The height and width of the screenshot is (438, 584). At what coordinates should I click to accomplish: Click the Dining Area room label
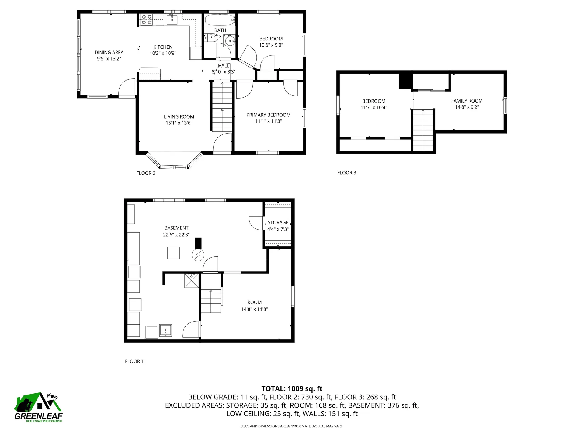tap(109, 52)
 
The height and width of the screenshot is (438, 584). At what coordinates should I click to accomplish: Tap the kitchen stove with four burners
tap(146, 20)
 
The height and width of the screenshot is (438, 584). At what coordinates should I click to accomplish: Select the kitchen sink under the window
tap(172, 20)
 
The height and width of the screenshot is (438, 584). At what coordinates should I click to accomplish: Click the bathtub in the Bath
tap(220, 20)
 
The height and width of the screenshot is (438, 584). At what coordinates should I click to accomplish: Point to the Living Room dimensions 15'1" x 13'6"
tap(179, 123)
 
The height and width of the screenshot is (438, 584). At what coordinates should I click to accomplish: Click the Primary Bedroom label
tap(268, 115)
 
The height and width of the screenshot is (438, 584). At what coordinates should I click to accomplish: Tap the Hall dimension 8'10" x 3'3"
tap(224, 72)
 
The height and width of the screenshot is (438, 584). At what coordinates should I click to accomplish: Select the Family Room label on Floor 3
tap(467, 101)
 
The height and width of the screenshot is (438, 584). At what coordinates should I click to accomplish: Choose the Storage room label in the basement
tap(278, 222)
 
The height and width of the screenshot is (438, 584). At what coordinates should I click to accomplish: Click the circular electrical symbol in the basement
tap(198, 255)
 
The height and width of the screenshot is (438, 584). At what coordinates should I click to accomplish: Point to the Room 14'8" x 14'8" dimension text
tap(254, 309)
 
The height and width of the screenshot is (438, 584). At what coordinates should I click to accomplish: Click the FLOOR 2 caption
tap(146, 173)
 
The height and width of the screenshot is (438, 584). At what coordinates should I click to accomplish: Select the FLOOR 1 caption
tap(134, 361)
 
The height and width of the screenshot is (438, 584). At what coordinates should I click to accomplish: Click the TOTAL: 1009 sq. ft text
tap(292, 388)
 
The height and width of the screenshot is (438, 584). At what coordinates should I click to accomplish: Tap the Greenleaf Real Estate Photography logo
tap(38, 408)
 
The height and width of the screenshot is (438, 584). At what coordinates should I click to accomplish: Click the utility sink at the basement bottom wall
tap(165, 330)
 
